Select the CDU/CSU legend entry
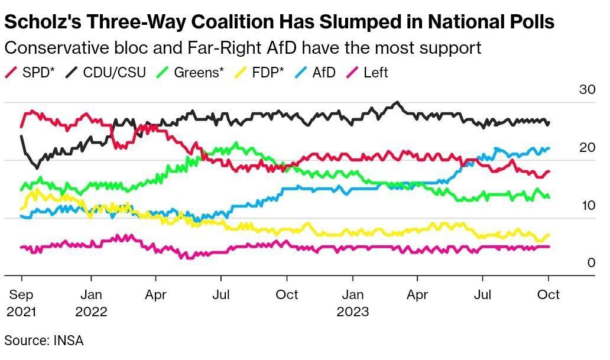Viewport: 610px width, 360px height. click(106, 73)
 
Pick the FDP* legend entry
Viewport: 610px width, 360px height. click(260, 73)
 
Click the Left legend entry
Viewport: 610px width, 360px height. click(368, 73)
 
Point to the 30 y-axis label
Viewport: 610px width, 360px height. click(587, 90)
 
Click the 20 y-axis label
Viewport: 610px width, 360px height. click(587, 147)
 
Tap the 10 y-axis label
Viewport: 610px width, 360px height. click(587, 205)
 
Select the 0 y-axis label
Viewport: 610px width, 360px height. click(591, 262)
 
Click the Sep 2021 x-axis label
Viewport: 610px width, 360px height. click(21, 302)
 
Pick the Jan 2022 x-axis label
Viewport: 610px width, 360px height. click(91, 302)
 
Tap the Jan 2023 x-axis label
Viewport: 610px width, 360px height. click(353, 302)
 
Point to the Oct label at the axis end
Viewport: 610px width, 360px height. click(549, 294)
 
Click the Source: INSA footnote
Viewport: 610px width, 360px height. click(44, 340)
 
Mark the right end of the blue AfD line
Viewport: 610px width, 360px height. click(549, 148)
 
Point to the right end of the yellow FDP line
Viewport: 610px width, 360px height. click(549, 235)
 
